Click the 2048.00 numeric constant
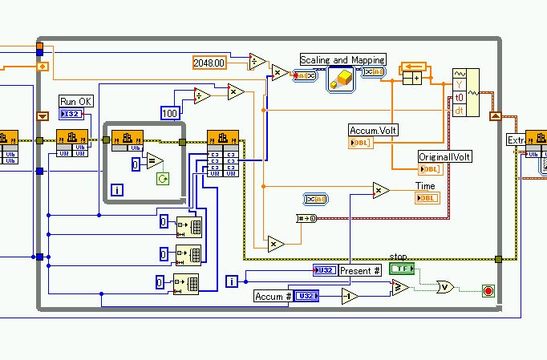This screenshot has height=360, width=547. [x=210, y=62]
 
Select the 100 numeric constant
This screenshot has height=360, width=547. [x=169, y=113]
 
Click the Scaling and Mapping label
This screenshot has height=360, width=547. [x=342, y=60]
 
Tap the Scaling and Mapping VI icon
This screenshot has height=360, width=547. [x=342, y=79]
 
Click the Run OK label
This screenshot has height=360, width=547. [x=75, y=101]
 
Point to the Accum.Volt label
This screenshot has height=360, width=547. [x=373, y=130]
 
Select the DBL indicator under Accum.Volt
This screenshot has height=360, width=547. [x=359, y=143]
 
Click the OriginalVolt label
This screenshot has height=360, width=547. [x=444, y=157]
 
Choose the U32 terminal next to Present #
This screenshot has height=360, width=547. [x=325, y=271]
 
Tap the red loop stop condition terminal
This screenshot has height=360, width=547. [x=488, y=290]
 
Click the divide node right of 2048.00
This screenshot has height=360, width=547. [x=258, y=62]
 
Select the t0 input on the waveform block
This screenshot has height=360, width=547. [x=460, y=97]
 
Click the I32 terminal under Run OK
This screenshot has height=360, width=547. [x=71, y=114]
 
